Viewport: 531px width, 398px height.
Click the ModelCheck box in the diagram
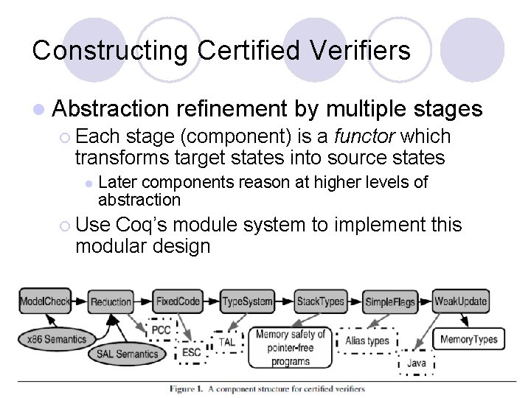44,301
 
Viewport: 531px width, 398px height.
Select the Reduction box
111,301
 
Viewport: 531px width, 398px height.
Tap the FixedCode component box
178,301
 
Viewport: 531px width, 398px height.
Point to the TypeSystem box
247,301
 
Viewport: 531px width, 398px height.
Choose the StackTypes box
320,301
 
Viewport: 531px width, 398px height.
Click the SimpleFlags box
390,301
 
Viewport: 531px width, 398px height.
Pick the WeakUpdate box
461,301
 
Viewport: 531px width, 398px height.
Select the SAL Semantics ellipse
128,354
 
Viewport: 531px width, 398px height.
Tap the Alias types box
367,341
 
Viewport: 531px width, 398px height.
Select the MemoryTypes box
468,340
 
